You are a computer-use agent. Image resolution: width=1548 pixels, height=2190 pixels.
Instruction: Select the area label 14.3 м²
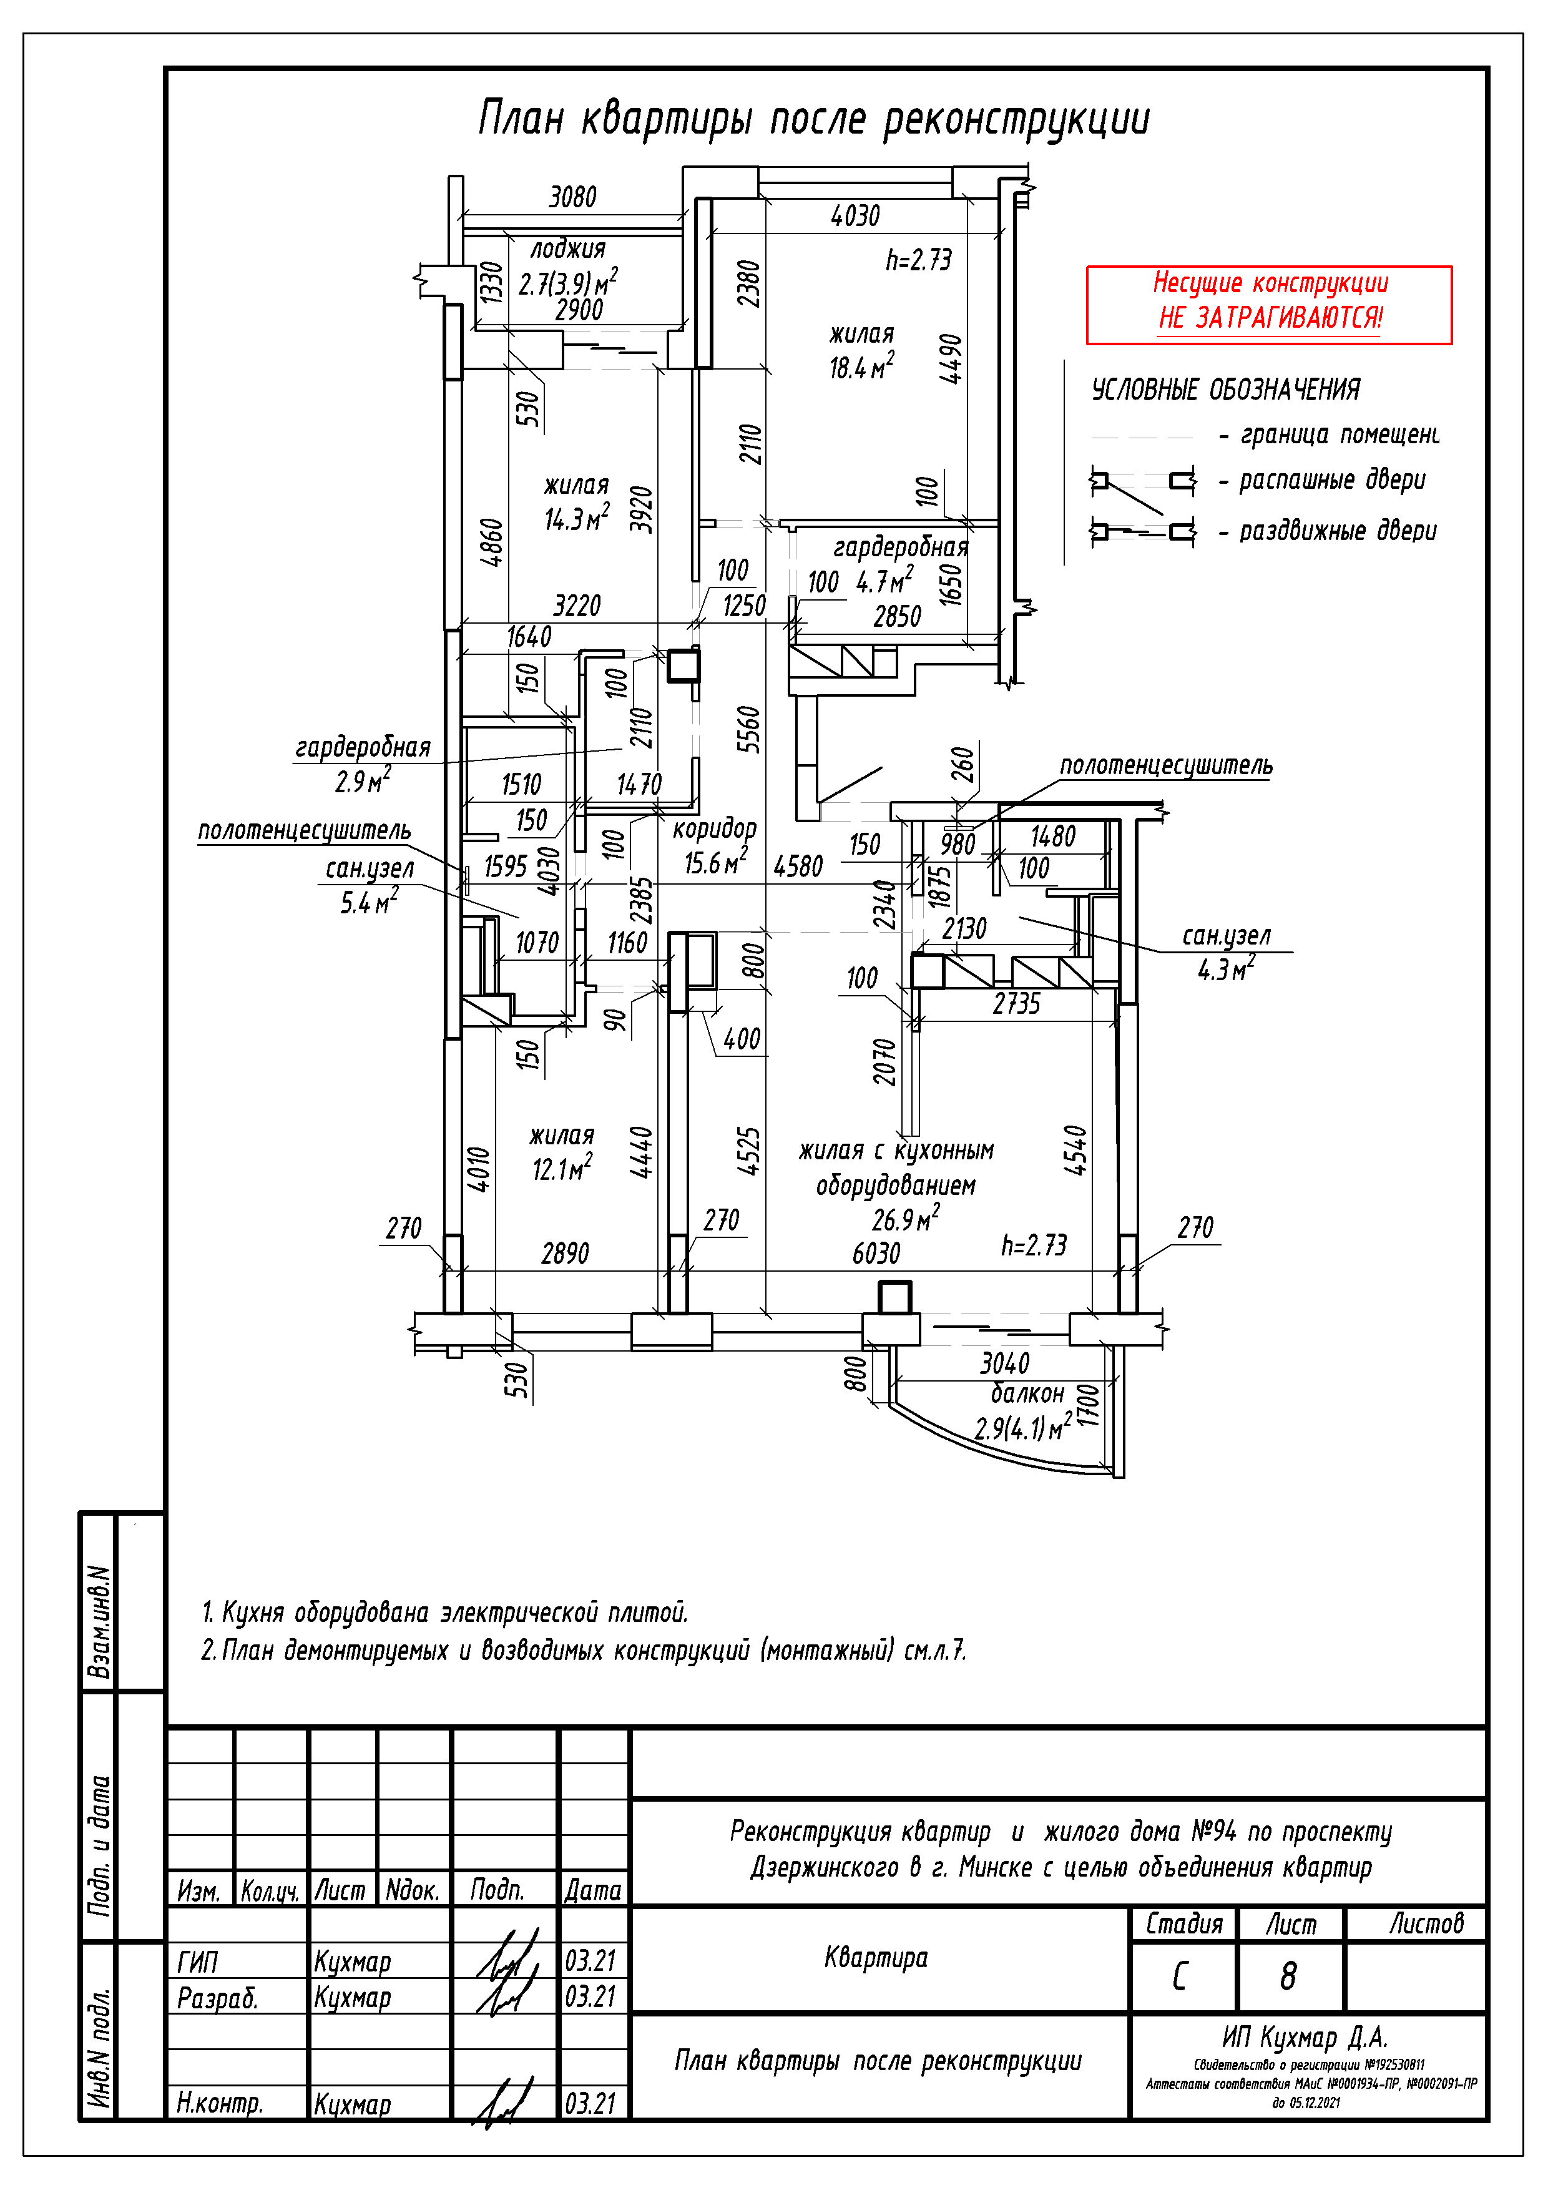[x=576, y=518]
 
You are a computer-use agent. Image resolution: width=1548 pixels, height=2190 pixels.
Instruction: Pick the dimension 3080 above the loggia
[x=572, y=197]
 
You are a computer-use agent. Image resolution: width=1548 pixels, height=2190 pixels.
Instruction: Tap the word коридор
[x=714, y=829]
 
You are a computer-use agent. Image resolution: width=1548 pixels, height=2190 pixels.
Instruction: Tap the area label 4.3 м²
[x=1226, y=969]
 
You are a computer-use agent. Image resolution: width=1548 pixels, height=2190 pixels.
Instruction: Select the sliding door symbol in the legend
[x=1143, y=530]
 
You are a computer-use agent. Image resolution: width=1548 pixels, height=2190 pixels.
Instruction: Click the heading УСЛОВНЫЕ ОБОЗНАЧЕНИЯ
[x=1226, y=389]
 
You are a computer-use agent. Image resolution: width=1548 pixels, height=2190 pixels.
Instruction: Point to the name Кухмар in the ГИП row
[x=352, y=1962]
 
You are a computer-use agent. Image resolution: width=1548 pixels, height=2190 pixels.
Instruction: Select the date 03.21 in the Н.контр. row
[x=590, y=2103]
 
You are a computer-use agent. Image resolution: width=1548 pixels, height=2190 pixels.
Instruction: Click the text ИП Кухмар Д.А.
[x=1305, y=2038]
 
